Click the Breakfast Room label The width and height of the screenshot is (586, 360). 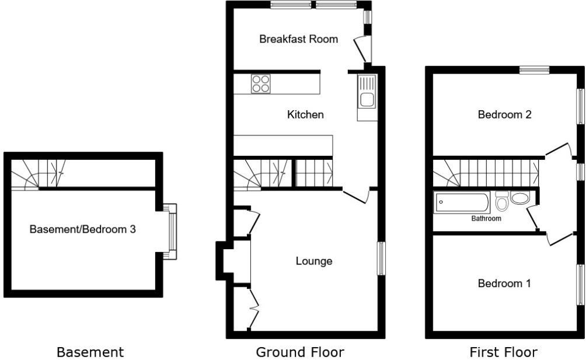(x=298, y=40)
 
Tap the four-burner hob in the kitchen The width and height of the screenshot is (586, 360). (x=261, y=84)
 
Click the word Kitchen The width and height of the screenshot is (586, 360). (x=305, y=115)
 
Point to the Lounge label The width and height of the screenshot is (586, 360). (x=313, y=261)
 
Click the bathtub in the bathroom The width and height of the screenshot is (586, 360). (x=462, y=204)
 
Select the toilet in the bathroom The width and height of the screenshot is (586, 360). (x=501, y=202)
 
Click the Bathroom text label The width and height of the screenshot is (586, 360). (x=487, y=219)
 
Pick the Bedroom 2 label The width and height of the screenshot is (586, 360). (x=504, y=115)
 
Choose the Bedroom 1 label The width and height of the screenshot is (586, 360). (x=504, y=284)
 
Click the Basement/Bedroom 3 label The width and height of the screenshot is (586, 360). (x=83, y=229)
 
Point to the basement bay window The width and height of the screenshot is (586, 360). (x=171, y=231)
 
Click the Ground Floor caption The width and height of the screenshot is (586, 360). (x=300, y=352)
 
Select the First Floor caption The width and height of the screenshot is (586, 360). (x=504, y=352)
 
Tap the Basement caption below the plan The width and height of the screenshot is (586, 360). (x=90, y=352)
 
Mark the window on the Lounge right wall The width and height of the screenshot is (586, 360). (x=381, y=258)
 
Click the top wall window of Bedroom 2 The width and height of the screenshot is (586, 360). (x=535, y=69)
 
